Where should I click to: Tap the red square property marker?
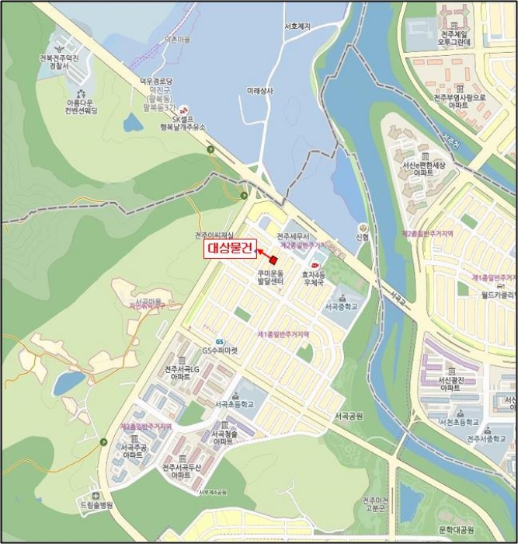(273, 260)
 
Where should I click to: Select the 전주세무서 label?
(294, 235)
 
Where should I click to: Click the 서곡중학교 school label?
(342, 306)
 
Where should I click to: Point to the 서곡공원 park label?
(349, 417)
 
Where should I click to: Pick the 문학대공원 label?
(456, 530)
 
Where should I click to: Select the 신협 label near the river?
(362, 237)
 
